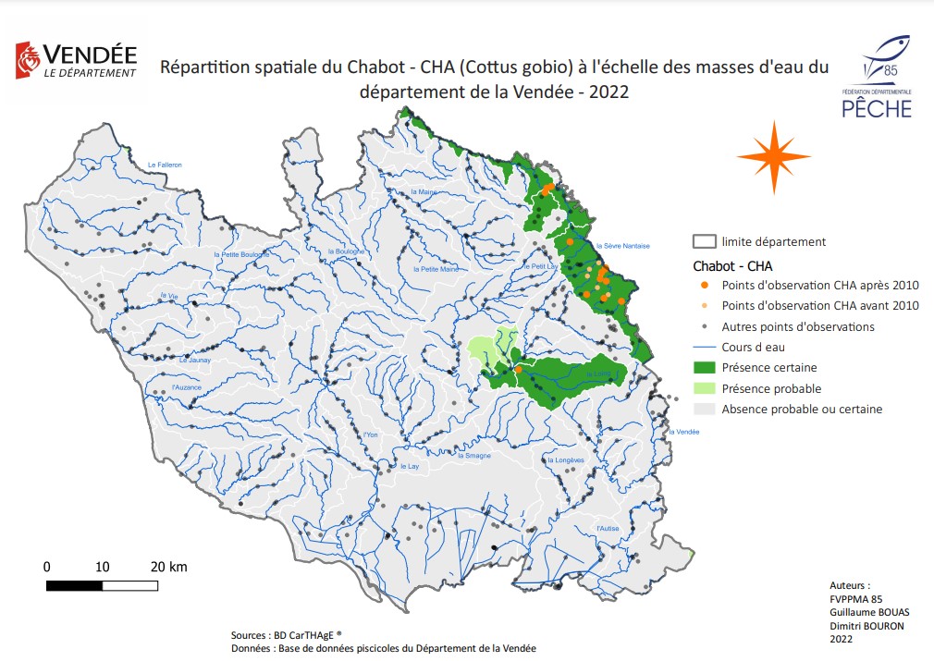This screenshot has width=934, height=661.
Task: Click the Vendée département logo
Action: [76, 60]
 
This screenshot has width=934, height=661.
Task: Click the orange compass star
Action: [773, 157]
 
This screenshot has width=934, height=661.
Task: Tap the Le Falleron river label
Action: [165, 165]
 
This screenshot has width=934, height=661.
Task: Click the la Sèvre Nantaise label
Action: [623, 246]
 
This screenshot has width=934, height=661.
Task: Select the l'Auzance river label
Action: [186, 386]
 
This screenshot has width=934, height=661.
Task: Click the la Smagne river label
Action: [473, 456]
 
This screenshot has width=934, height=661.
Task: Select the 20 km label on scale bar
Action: [169, 566]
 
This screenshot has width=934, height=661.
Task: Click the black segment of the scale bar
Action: [74, 584]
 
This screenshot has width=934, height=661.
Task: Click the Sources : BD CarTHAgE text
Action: [286, 635]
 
